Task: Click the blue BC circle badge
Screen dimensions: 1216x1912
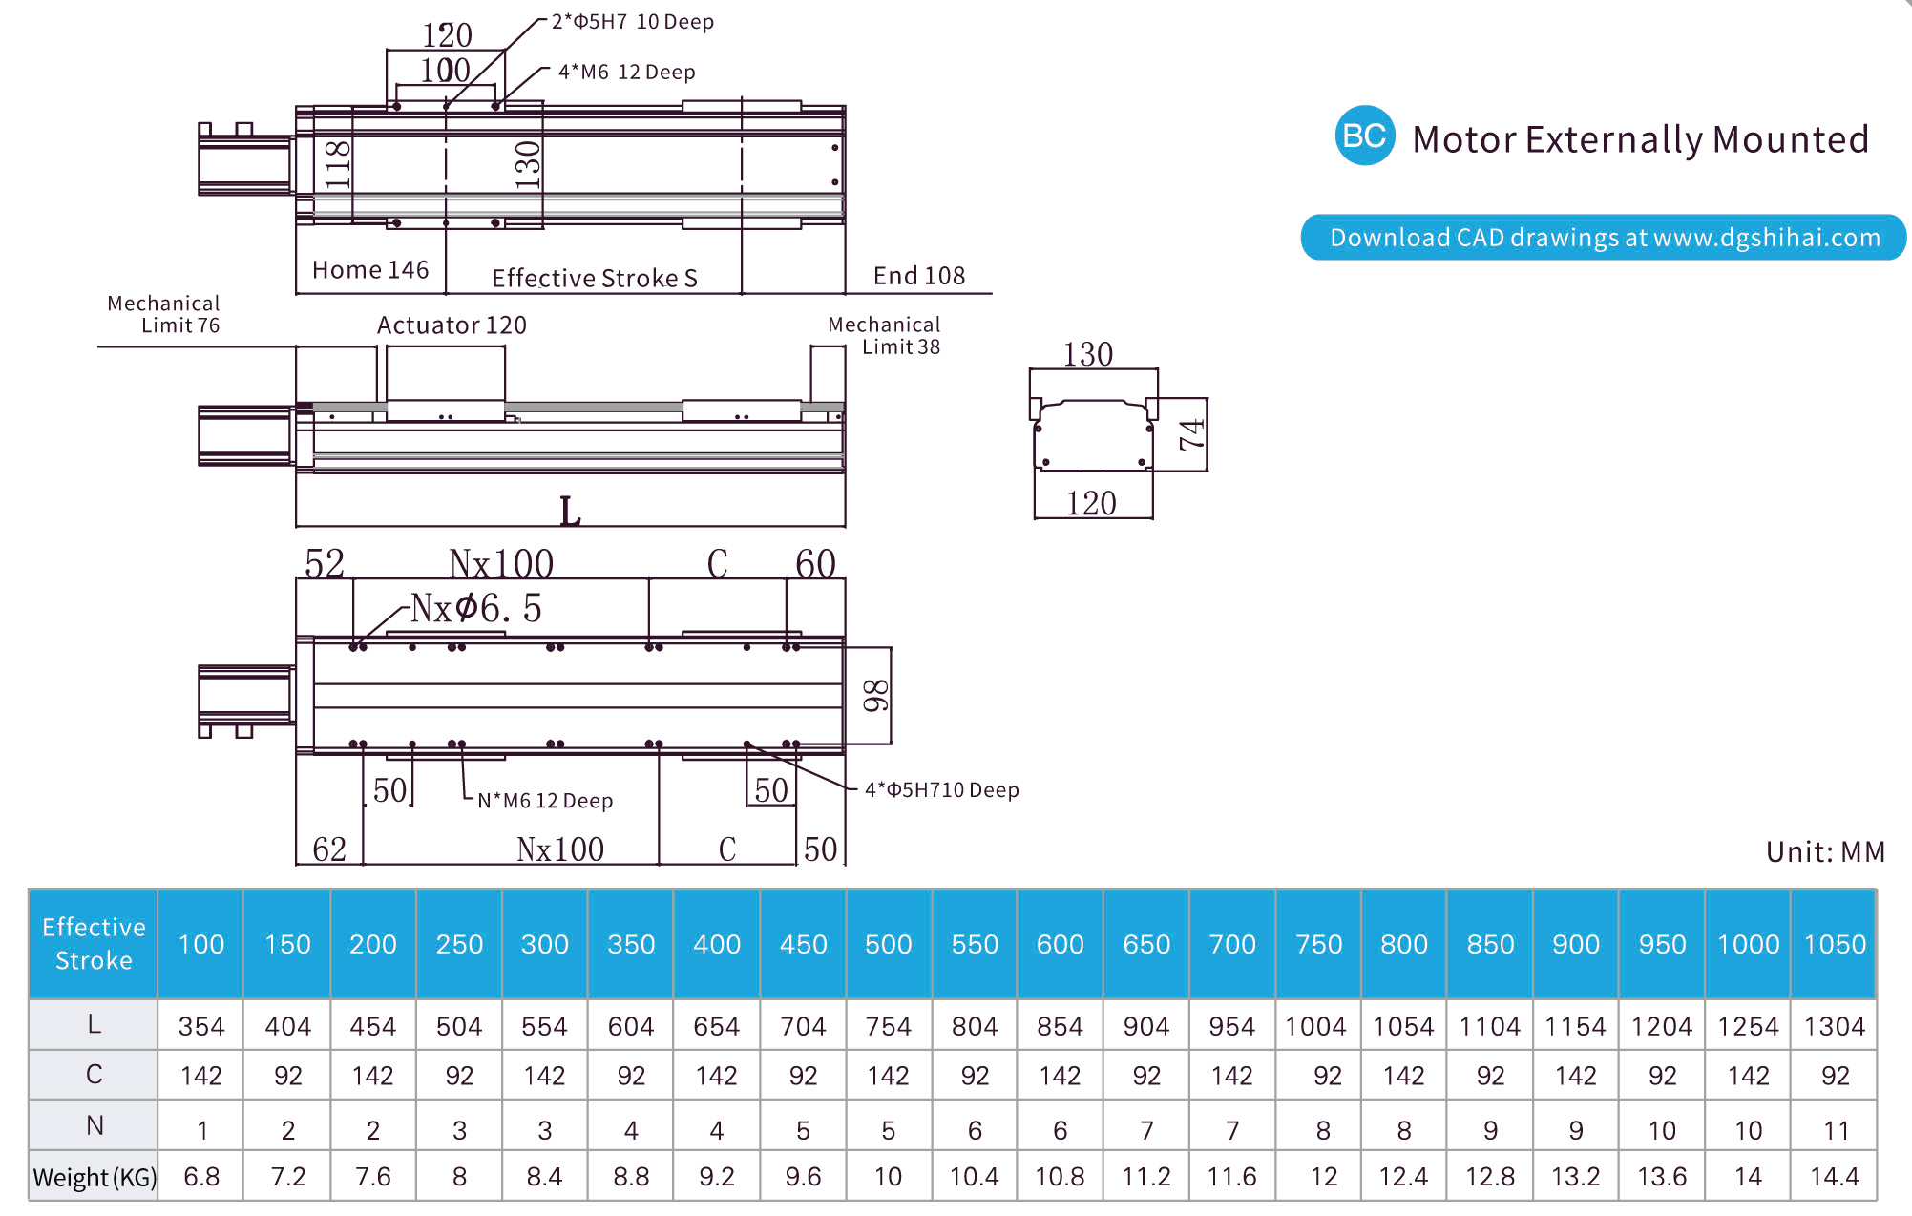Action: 1364,136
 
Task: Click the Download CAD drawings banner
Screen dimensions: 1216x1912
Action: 1604,238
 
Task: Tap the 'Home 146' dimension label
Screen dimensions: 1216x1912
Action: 370,270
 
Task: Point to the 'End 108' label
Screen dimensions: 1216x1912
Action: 919,276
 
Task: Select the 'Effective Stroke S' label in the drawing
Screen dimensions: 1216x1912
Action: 595,278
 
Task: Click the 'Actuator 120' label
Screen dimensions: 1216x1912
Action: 452,325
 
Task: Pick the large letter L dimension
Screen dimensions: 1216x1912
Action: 570,512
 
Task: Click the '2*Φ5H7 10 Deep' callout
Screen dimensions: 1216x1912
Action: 632,22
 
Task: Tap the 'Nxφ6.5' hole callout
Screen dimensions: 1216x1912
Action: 475,608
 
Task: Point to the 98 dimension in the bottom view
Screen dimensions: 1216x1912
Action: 874,695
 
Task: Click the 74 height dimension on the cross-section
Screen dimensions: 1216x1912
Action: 1191,434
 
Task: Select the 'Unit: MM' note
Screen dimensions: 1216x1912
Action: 1825,851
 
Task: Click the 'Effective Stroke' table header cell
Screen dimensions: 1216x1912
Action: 94,944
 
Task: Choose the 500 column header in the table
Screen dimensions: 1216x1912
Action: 888,944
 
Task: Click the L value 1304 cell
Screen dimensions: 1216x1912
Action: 1834,1026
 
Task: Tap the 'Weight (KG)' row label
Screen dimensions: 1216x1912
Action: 94,1177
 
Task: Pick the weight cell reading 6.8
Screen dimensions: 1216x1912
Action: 201,1177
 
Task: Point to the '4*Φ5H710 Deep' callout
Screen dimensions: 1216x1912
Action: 941,790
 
